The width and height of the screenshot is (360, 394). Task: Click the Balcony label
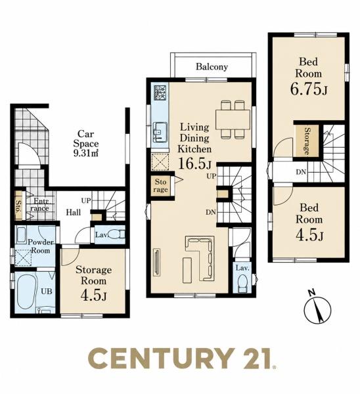tap(212, 66)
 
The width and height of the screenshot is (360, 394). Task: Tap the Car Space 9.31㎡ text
tap(85, 143)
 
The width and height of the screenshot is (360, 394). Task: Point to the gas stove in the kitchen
tap(160, 93)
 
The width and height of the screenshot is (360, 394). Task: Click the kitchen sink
tap(160, 131)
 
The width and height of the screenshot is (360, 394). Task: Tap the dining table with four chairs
tap(233, 120)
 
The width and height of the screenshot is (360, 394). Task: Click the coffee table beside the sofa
tap(187, 270)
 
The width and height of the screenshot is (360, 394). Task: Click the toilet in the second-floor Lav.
tap(242, 283)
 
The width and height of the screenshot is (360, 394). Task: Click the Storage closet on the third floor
tap(307, 141)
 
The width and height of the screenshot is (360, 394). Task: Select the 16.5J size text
tap(195, 164)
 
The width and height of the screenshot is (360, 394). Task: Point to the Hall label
tap(74, 213)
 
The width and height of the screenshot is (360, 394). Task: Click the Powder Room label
tap(41, 246)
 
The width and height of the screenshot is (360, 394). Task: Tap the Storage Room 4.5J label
tap(93, 283)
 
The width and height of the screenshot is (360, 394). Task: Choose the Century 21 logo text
tap(182, 359)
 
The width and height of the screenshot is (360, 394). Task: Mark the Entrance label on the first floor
tap(40, 204)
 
